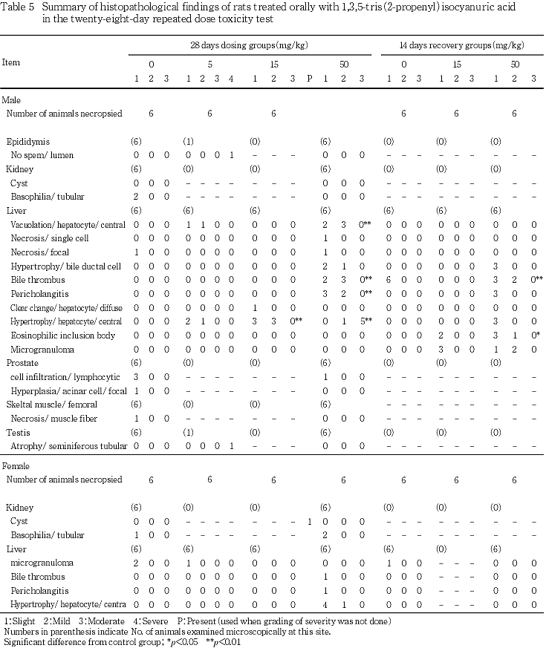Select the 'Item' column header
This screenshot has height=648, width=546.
(11, 62)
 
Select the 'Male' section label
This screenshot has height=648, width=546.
(12, 99)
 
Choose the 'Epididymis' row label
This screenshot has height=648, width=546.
(28, 141)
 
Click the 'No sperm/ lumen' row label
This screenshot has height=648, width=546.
(44, 155)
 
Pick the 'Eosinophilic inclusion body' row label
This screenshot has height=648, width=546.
(64, 336)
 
